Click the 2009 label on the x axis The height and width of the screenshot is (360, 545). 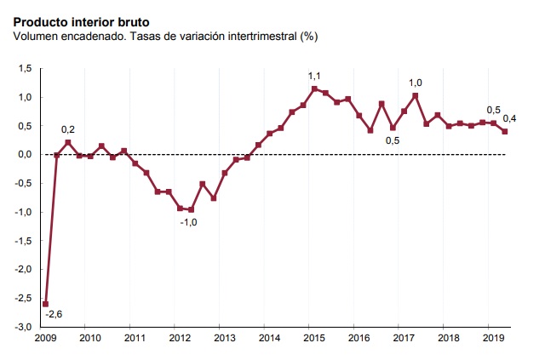click(x=45, y=339)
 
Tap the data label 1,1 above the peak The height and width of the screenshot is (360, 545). click(x=315, y=76)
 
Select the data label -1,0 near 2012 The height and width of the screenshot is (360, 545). click(x=188, y=222)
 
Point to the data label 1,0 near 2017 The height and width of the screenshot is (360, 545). click(x=416, y=83)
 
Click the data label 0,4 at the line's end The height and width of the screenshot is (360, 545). click(x=510, y=118)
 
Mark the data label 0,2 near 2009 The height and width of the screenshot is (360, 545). click(x=68, y=129)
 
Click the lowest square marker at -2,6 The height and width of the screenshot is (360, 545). click(x=45, y=304)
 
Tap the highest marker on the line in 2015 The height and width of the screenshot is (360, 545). click(x=314, y=89)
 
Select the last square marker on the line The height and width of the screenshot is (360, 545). click(x=505, y=131)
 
